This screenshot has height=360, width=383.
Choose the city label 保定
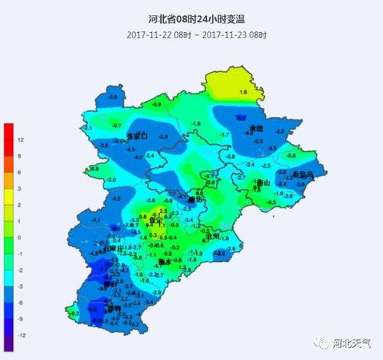pos(159,220)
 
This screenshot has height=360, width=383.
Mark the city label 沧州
pos(217,237)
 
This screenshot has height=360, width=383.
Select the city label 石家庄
pos(113,249)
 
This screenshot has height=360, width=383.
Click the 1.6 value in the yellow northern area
pos(244,92)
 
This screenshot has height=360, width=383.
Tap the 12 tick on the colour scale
pos(21,139)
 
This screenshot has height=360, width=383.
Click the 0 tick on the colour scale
pos(21,237)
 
